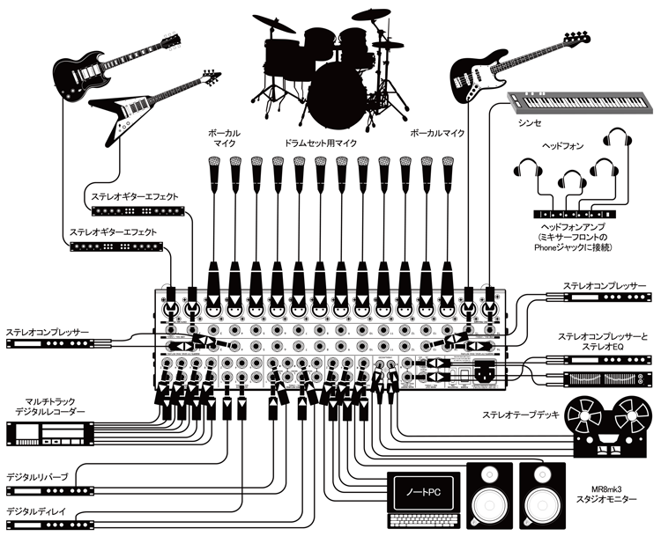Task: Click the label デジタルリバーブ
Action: [x=41, y=474]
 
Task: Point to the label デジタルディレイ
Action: [x=41, y=511]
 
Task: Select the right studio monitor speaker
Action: [x=547, y=498]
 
